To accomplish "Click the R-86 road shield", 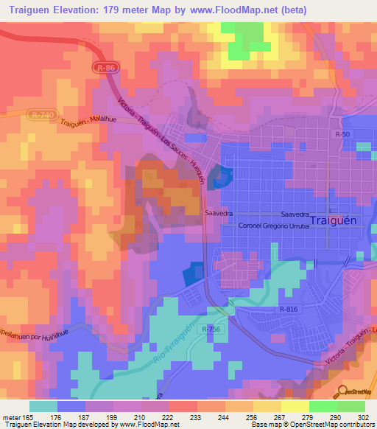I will click(105, 68).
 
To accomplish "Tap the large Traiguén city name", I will click(334, 220).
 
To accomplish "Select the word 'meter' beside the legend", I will click(13, 417).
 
